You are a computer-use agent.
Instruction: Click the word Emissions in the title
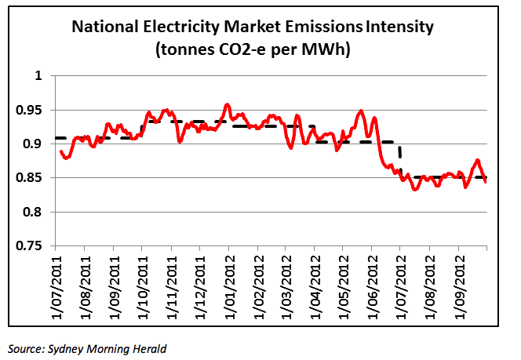pos(321,27)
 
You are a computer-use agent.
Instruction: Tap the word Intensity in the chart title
pos(399,27)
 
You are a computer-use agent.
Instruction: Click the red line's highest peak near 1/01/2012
pos(227,104)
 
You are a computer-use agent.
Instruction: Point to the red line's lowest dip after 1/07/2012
pos(416,189)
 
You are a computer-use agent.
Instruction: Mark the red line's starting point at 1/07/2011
pos(60,151)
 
